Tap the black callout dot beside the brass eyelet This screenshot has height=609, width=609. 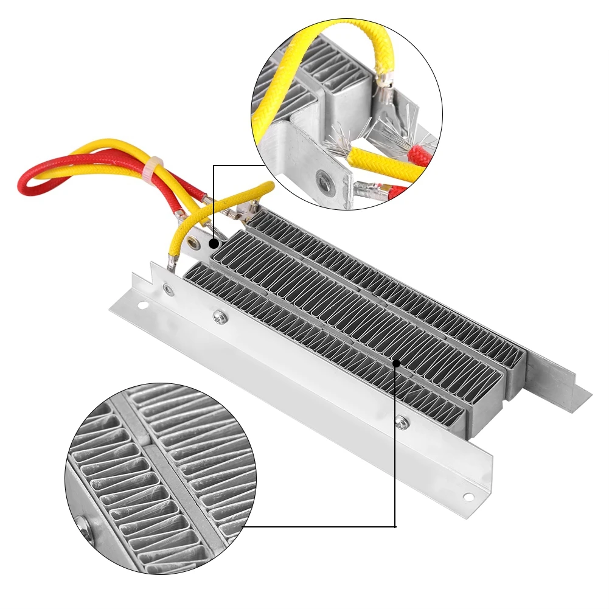point(214,243)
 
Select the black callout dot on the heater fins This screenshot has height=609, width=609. point(396,363)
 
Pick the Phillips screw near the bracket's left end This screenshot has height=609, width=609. point(218,315)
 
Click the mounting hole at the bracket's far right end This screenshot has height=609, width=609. point(468,496)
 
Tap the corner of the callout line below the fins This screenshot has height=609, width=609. point(396,527)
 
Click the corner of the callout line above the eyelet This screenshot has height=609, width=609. point(214,164)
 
